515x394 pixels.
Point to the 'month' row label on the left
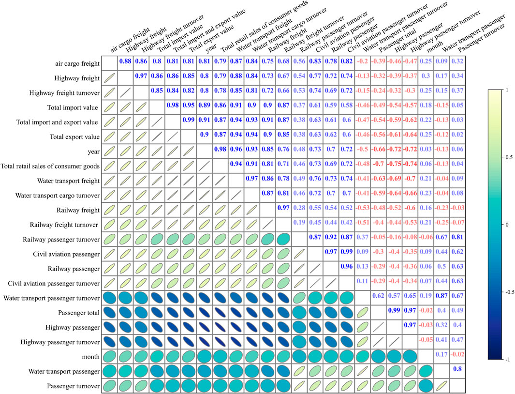click(89, 356)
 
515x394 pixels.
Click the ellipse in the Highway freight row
click(109, 78)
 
